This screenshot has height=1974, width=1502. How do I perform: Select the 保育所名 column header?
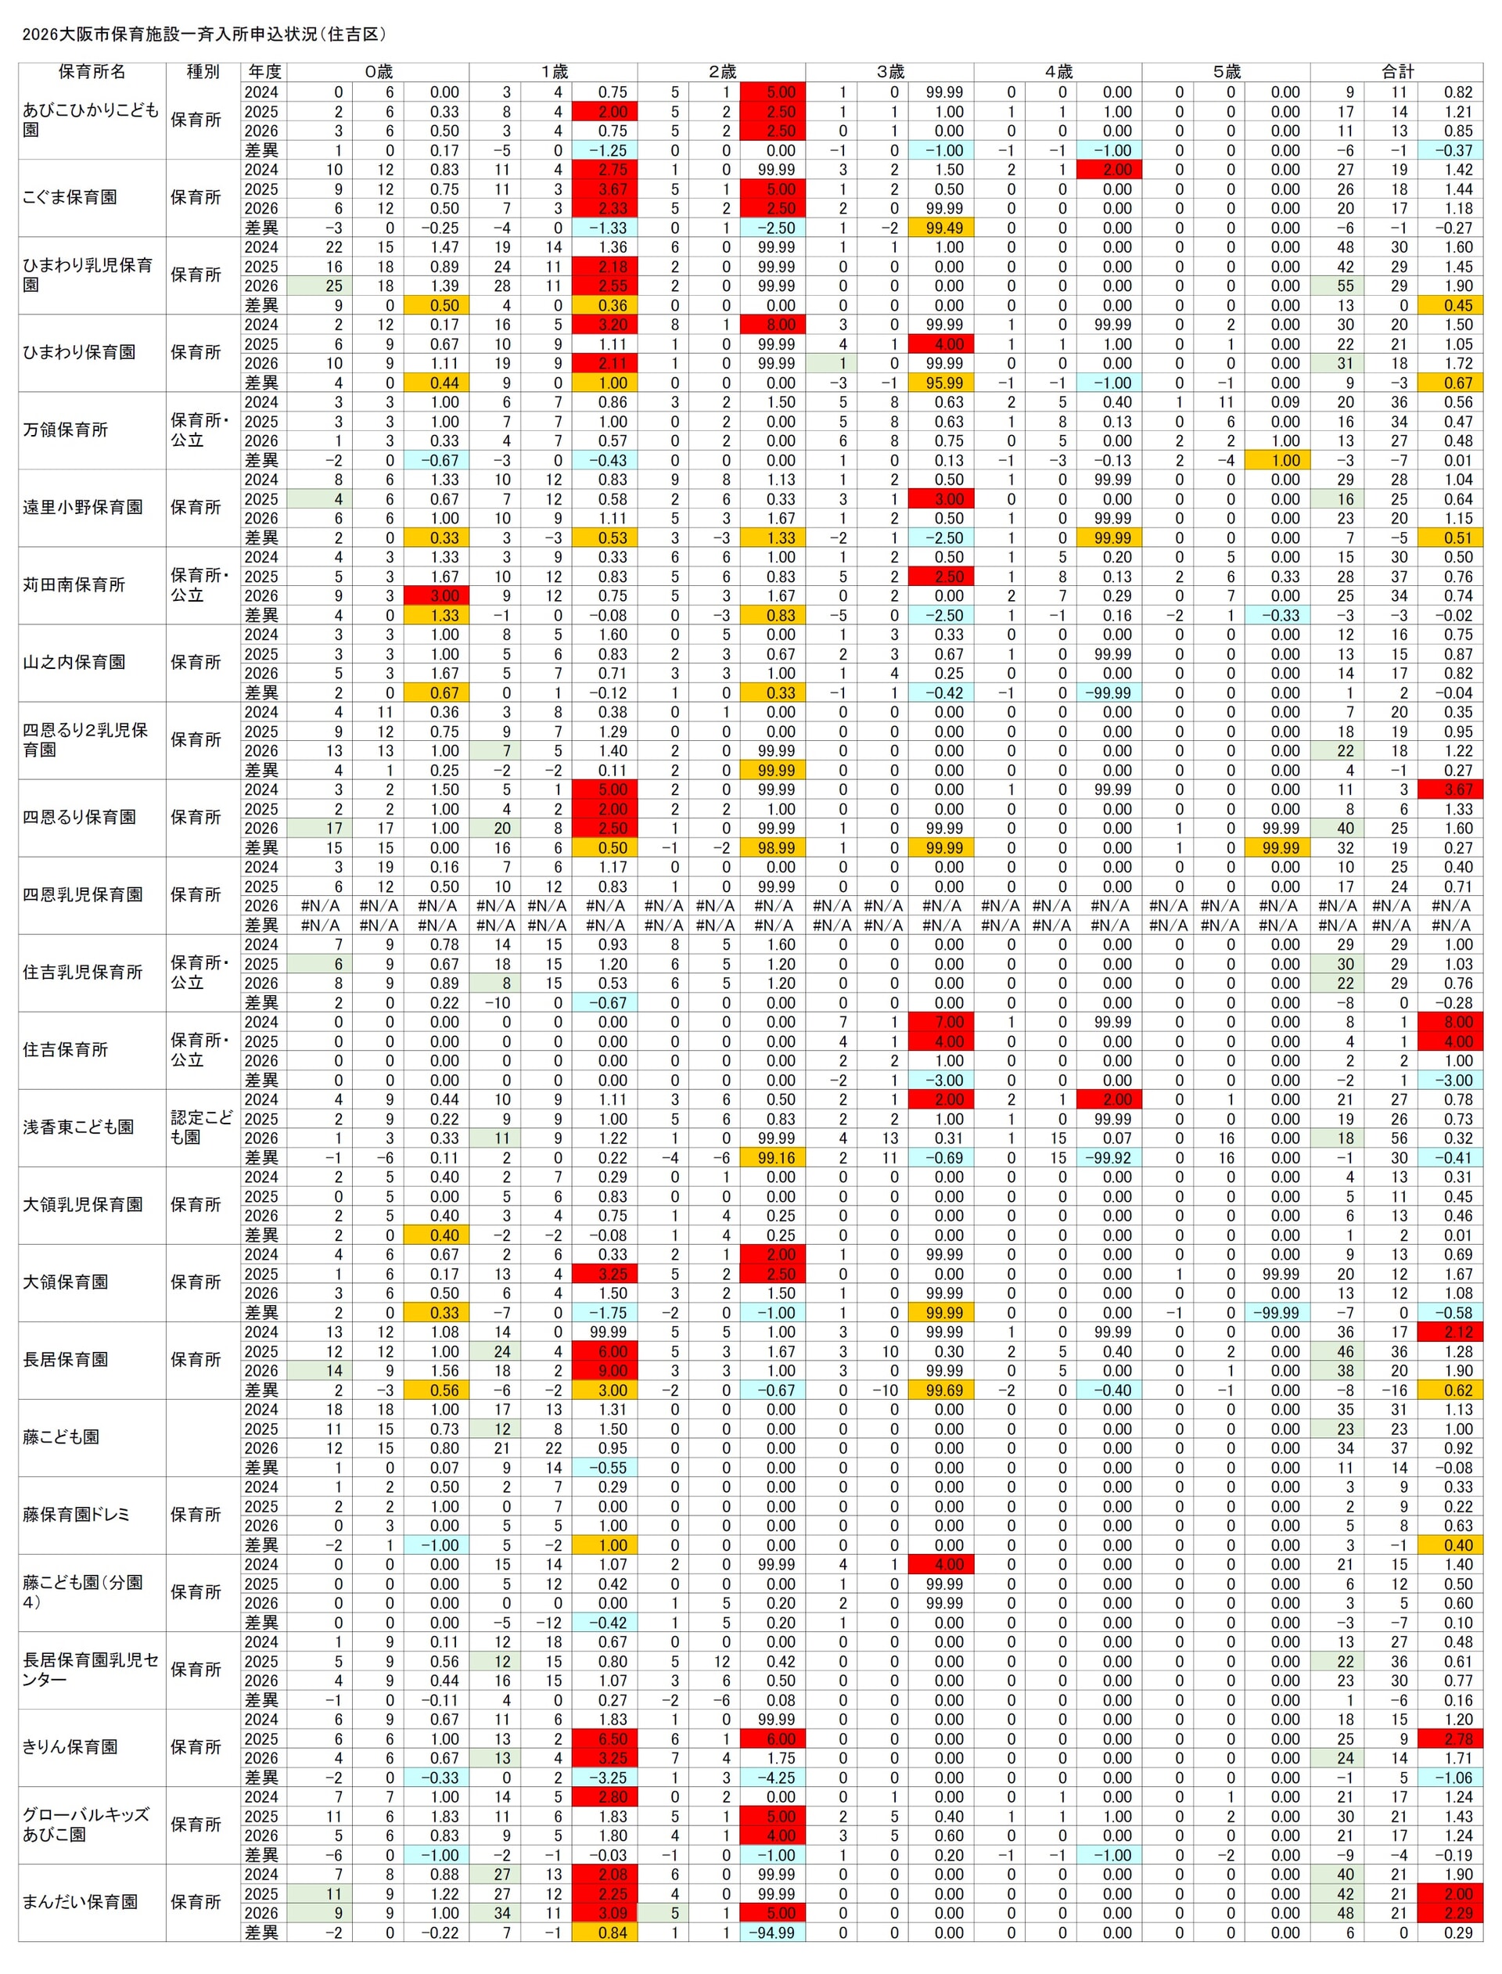(92, 71)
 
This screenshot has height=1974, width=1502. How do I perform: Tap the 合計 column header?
(1396, 71)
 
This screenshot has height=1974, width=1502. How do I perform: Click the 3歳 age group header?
(889, 71)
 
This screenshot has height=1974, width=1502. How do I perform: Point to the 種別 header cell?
(203, 71)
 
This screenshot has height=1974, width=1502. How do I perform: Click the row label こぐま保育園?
(70, 198)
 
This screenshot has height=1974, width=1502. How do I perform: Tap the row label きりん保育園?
(70, 1747)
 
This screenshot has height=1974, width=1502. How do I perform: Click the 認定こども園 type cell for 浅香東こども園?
(202, 1127)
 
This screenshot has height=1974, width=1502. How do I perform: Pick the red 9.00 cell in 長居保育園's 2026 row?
(605, 1371)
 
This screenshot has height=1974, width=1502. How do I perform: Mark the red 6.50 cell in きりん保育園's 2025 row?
(605, 1738)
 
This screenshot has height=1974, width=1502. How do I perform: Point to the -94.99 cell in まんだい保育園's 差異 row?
(774, 1933)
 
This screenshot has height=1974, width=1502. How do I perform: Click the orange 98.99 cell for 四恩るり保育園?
(774, 847)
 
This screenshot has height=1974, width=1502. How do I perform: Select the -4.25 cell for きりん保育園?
(774, 1778)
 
